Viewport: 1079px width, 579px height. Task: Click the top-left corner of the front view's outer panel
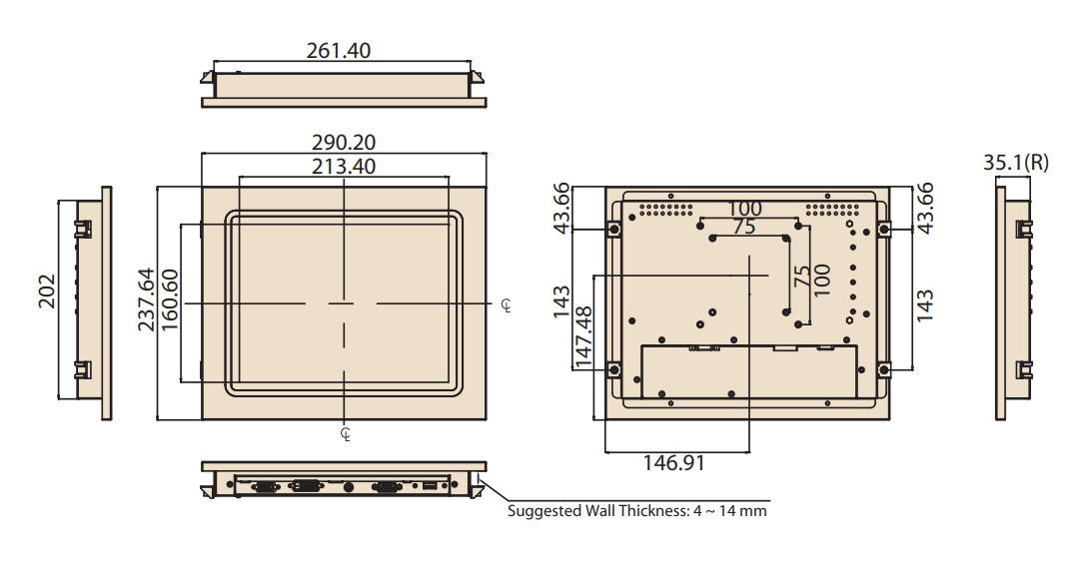202,187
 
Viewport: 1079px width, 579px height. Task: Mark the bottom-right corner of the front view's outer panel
486,419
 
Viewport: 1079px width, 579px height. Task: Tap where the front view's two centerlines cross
344,303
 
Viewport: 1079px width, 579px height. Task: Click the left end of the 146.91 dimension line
605,452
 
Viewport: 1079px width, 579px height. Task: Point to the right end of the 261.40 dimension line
471,61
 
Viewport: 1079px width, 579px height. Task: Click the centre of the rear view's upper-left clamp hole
613,230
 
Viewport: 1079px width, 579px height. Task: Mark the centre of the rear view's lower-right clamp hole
884,370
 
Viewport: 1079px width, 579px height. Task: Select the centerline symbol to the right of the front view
507,305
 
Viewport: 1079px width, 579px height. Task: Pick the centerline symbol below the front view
346,434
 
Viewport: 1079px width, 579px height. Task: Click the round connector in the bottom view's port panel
349,487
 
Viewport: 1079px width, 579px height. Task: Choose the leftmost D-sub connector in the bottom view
266,487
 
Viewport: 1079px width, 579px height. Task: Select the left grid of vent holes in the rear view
666,209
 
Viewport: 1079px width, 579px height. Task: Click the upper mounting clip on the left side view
83,229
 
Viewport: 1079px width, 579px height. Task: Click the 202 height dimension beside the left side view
47,291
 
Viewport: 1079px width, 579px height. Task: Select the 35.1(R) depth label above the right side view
1016,163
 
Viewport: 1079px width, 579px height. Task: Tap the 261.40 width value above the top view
339,50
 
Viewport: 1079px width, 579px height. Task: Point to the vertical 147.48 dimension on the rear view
583,337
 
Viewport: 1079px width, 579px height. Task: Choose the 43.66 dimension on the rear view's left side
561,207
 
